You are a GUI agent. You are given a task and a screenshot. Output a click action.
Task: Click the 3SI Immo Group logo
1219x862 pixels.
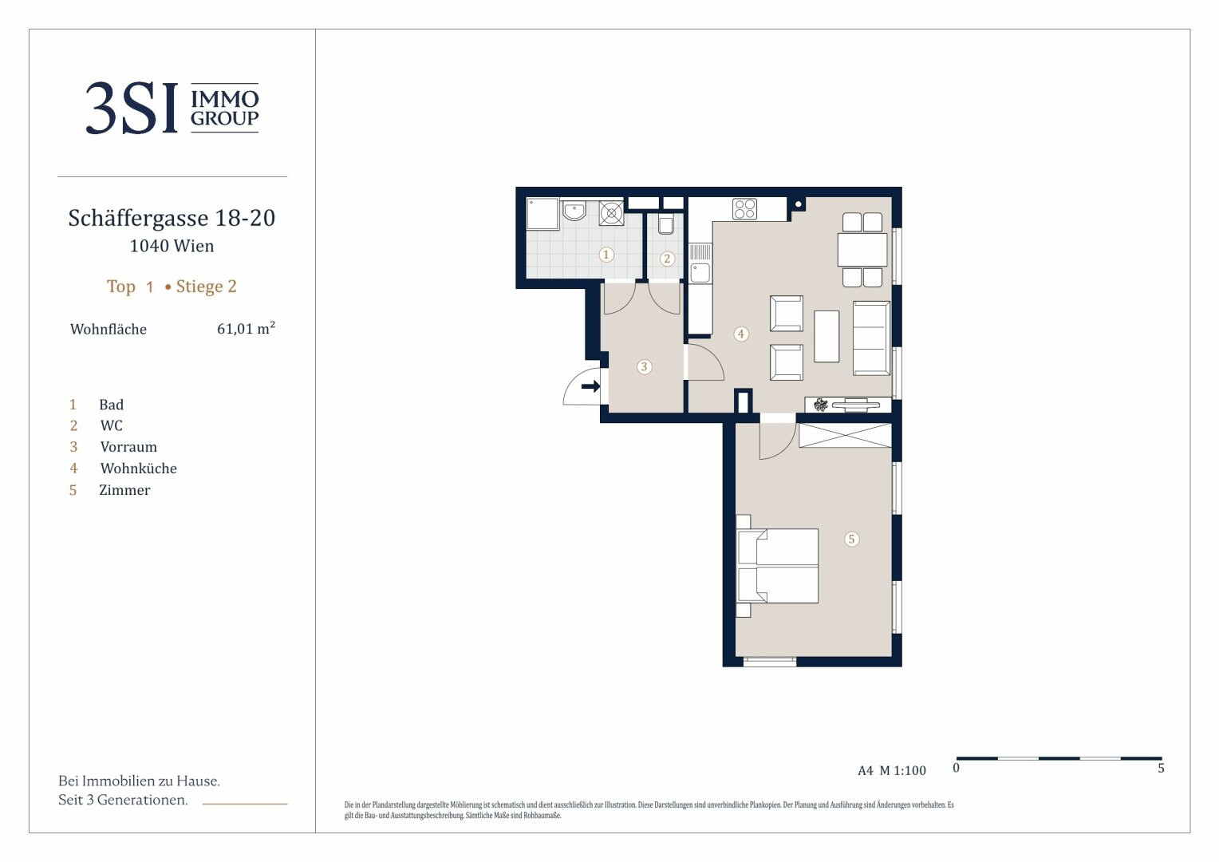click(172, 107)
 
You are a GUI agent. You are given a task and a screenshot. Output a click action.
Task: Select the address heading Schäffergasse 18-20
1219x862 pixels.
click(172, 218)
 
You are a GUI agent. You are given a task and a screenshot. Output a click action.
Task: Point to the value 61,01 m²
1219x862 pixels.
click(246, 328)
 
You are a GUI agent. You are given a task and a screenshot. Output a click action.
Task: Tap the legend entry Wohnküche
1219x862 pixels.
click(138, 469)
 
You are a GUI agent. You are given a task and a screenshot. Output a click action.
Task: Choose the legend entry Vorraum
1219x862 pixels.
click(128, 447)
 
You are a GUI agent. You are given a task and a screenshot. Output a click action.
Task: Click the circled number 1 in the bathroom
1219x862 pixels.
click(606, 255)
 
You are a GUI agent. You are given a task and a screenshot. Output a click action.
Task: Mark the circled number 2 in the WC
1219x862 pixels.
click(667, 259)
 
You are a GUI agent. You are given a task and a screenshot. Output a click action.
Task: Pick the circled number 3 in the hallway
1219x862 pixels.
click(645, 366)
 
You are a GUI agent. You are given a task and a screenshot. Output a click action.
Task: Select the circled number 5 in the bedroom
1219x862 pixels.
click(852, 539)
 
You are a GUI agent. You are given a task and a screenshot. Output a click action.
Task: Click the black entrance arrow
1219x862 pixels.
click(590, 386)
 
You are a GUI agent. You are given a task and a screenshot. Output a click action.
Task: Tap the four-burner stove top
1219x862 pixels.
click(744, 208)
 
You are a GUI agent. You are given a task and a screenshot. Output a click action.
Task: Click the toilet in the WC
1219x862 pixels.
click(665, 223)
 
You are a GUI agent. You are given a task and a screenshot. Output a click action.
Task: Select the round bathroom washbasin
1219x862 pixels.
click(574, 211)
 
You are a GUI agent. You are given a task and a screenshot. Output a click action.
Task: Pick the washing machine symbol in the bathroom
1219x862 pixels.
click(611, 213)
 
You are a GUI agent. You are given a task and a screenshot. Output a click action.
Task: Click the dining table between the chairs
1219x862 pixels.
click(862, 249)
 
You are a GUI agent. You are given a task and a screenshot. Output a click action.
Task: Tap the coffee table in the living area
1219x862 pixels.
click(826, 336)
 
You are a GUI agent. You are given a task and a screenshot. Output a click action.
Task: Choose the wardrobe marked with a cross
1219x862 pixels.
click(845, 436)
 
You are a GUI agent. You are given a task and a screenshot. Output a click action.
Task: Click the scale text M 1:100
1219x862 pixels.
click(902, 770)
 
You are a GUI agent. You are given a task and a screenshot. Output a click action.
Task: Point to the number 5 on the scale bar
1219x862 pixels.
click(1161, 769)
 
